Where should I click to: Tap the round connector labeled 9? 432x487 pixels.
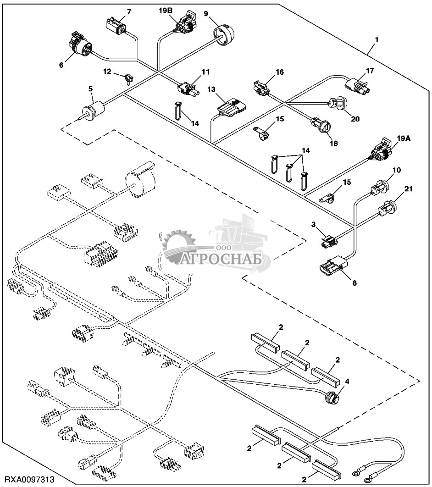[223, 34]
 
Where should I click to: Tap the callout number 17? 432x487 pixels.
[370, 71]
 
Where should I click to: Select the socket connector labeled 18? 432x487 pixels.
[319, 125]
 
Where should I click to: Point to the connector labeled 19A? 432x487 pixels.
[382, 151]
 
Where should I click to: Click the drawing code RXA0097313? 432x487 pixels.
[28, 480]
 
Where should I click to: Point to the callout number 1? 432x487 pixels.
[376, 40]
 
